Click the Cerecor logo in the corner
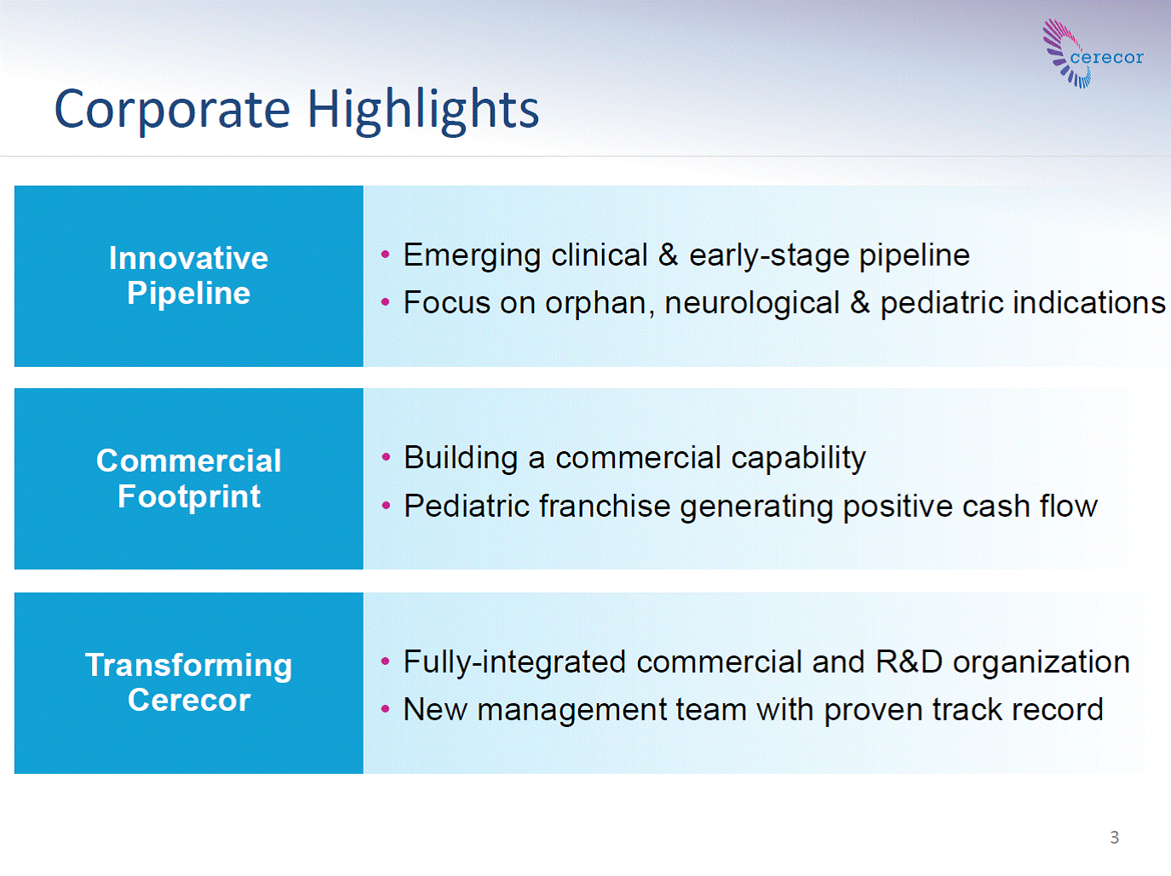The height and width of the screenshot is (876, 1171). [x=1093, y=54]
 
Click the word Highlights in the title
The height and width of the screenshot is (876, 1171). [x=423, y=111]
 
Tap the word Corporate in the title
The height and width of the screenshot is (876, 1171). [x=172, y=111]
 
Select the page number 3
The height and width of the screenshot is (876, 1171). [x=1115, y=837]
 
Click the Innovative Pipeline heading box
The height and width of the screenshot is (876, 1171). [x=189, y=276]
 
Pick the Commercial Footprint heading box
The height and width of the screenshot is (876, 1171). [x=189, y=478]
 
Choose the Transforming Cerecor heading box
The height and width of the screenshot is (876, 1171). [x=189, y=683]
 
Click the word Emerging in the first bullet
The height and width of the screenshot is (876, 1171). [x=472, y=256]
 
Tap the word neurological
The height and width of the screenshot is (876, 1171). [x=752, y=304]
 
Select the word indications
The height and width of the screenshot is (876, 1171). [x=1089, y=303]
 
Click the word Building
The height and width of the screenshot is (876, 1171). [x=461, y=459]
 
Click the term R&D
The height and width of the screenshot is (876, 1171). [x=909, y=662]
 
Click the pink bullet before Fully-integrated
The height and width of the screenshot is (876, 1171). [x=385, y=662]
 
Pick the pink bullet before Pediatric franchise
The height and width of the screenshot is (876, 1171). [x=386, y=506]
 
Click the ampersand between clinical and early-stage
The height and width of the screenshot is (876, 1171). [x=668, y=255]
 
